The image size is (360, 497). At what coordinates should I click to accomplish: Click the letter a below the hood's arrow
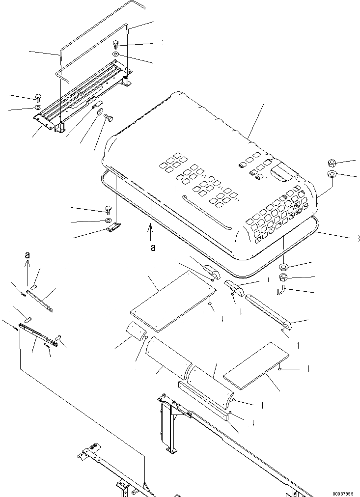pyautogui.click(x=153, y=248)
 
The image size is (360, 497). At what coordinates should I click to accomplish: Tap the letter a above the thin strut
pyautogui.click(x=28, y=255)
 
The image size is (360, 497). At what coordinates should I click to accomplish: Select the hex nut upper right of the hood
pyautogui.click(x=330, y=163)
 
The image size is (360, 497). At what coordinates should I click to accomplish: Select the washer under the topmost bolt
pyautogui.click(x=115, y=54)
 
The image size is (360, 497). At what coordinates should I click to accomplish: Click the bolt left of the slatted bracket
pyautogui.click(x=38, y=97)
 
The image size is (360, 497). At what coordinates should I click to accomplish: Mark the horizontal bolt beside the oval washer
pyautogui.click(x=109, y=118)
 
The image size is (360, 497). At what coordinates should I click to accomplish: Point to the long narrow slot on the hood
pyautogui.click(x=206, y=212)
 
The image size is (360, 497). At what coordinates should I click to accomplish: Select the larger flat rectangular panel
pyautogui.click(x=174, y=300)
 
